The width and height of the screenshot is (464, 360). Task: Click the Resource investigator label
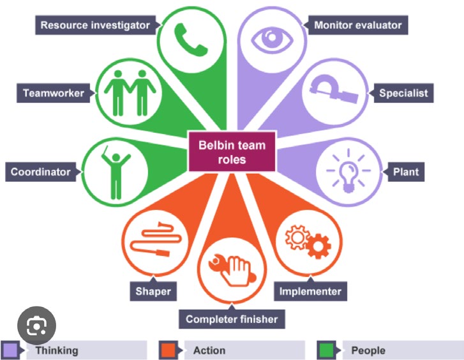[x=94, y=26]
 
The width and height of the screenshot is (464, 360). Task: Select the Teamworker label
[x=54, y=93]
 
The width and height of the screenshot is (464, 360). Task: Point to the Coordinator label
[x=40, y=172]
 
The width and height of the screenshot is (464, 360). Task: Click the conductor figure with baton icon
[x=115, y=169]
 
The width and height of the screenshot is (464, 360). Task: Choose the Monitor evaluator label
[x=357, y=26]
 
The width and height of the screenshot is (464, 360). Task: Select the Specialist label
[x=402, y=93]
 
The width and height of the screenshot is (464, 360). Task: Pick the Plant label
[x=405, y=172]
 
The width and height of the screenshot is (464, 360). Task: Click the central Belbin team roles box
[x=232, y=152]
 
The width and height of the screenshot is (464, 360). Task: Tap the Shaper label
[x=153, y=292]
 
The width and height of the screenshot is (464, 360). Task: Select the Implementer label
[x=310, y=292]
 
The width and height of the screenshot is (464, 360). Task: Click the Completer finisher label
[x=232, y=319]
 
